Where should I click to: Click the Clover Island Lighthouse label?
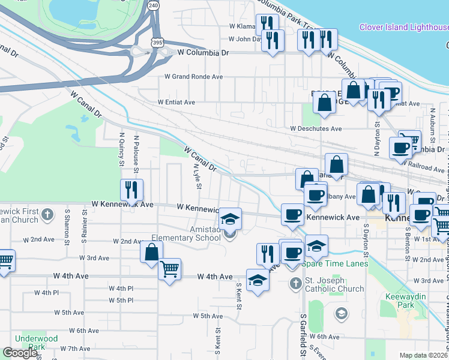(403, 27)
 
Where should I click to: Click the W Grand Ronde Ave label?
(190, 77)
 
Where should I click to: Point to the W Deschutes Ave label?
(316, 128)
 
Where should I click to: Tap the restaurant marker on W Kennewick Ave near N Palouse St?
(131, 190)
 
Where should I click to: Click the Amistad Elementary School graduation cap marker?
(229, 219)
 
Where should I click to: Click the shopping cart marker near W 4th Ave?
(170, 269)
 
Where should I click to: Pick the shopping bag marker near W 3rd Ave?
(151, 251)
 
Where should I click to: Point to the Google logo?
(20, 353)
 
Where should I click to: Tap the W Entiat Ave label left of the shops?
(176, 102)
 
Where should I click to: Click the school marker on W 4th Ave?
(258, 281)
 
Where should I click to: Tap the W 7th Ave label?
(75, 349)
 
